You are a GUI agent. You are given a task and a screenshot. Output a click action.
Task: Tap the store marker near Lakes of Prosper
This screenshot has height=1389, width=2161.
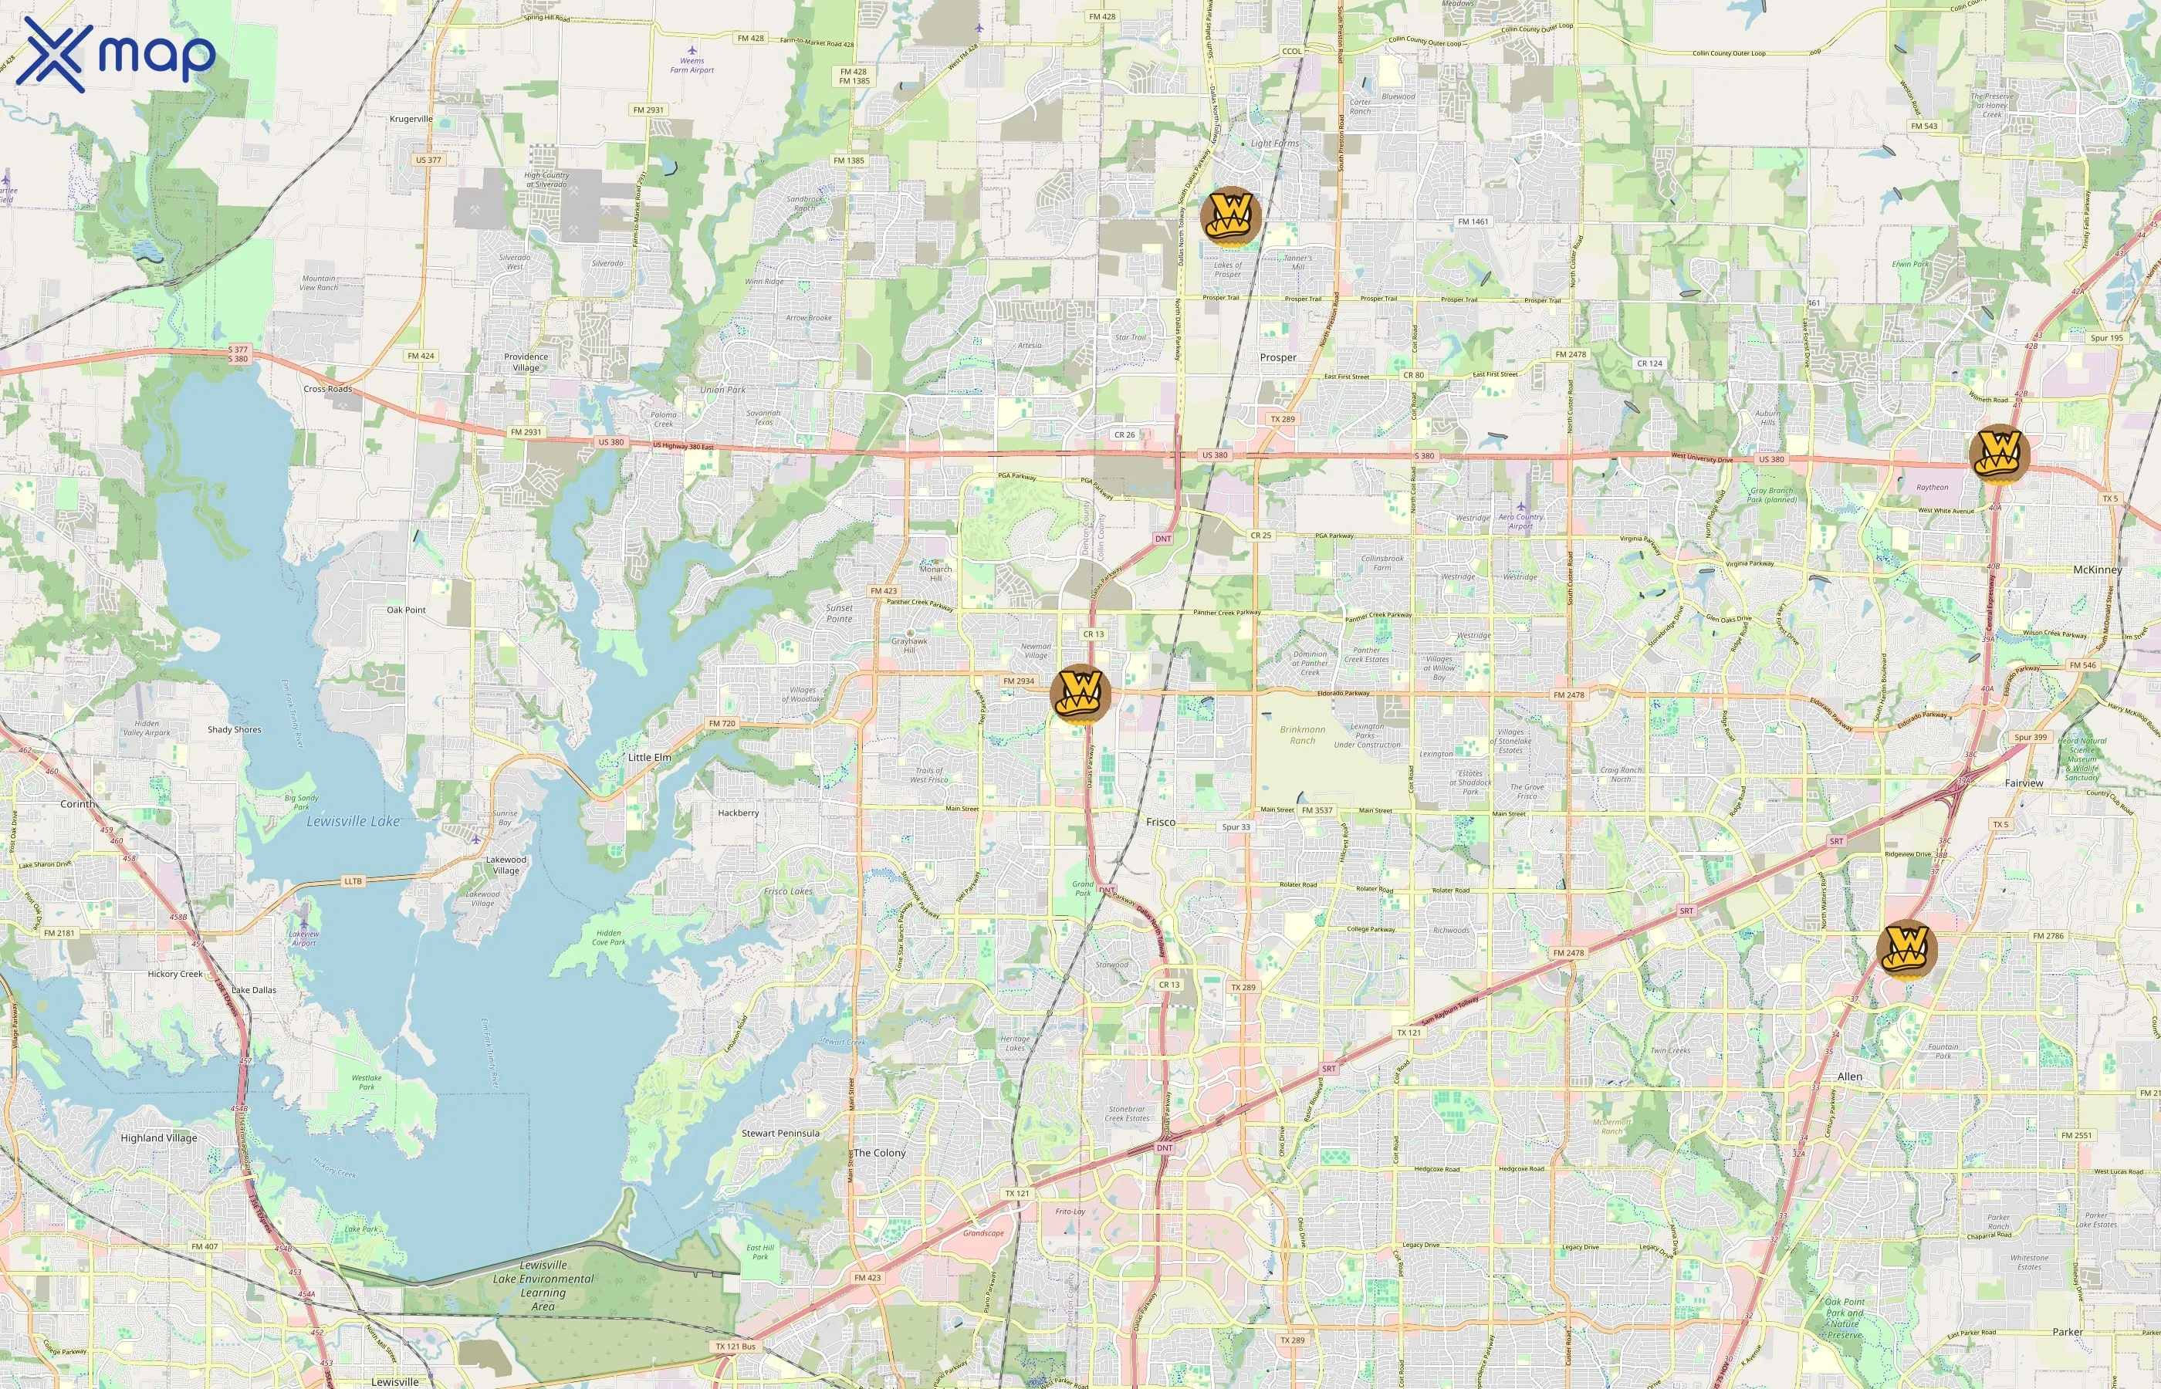(1230, 217)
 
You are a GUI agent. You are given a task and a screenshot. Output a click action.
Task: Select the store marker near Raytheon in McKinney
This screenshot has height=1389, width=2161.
(2000, 453)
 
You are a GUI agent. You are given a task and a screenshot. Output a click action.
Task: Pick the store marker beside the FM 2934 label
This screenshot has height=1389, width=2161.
(1080, 694)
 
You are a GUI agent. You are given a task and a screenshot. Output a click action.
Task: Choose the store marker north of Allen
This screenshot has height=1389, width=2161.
(1906, 950)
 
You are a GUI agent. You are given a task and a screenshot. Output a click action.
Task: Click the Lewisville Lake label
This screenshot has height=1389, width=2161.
(353, 822)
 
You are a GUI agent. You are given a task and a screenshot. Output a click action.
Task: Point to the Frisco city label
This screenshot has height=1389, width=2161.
(1160, 822)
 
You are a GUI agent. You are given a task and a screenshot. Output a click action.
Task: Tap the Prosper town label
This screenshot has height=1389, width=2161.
(1277, 357)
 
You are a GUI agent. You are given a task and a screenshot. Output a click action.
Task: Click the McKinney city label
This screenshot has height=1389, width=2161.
(2097, 570)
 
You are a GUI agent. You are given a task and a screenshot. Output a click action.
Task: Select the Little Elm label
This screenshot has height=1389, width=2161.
(648, 758)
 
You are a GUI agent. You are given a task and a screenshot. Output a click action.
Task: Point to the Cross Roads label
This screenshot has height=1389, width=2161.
(327, 389)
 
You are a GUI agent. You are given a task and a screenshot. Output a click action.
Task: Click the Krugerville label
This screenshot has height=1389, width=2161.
(411, 119)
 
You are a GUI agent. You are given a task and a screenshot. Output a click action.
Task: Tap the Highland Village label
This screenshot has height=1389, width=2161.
(159, 1138)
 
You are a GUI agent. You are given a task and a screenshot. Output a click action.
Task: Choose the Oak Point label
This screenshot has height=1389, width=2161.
(406, 610)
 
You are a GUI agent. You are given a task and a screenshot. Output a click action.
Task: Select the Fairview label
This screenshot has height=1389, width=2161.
(2023, 783)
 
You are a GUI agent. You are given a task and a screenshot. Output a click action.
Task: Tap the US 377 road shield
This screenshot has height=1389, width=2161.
(428, 160)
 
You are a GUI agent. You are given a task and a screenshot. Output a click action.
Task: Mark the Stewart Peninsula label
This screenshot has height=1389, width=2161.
(780, 1133)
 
